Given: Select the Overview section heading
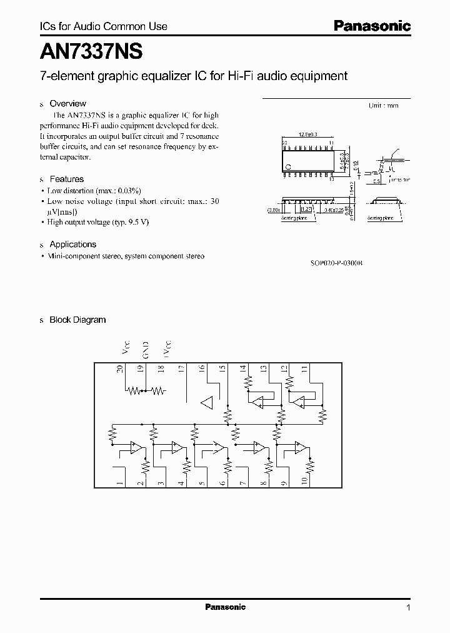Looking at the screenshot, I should pyautogui.click(x=67, y=103).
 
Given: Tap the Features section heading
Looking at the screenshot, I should pyautogui.click(x=66, y=179).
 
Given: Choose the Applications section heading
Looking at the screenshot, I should pyautogui.click(x=72, y=244).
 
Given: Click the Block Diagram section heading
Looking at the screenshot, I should pyautogui.click(x=77, y=320).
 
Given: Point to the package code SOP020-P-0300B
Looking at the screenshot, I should pyautogui.click(x=336, y=263).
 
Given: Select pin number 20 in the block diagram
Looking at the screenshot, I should pyautogui.click(x=119, y=369).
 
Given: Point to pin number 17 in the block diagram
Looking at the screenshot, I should pyautogui.click(x=181, y=369).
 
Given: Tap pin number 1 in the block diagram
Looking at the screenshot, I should pyautogui.click(x=119, y=483).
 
